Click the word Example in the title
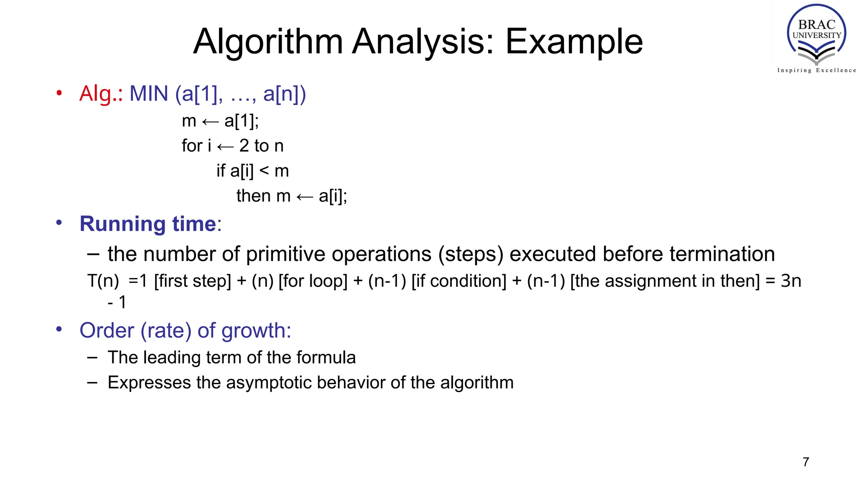coord(574,42)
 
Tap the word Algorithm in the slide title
coord(268,42)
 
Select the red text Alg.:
coord(101,93)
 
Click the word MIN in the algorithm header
coord(148,93)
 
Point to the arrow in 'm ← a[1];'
coord(210,122)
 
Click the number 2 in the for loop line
coord(244,146)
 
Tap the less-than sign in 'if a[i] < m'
coord(264,171)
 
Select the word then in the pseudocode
coord(253,196)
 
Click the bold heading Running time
coord(148,223)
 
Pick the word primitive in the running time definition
coord(286,254)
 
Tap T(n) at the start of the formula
coord(103,281)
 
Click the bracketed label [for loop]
coord(313,281)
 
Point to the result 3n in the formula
coord(791,281)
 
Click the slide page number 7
coord(806,462)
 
